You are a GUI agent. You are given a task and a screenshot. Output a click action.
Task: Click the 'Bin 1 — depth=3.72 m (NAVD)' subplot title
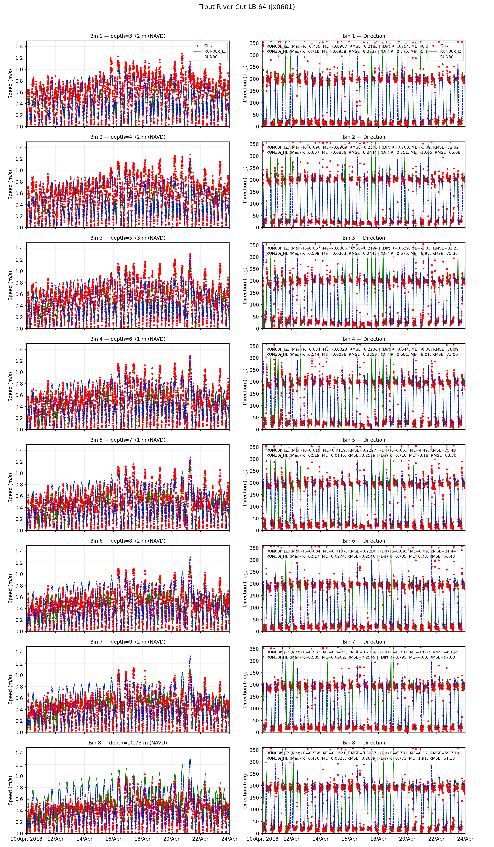(x=128, y=36)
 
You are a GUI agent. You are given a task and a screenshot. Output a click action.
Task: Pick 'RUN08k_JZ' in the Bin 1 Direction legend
(x=450, y=51)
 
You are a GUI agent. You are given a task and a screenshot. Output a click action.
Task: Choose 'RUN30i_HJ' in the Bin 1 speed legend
(x=214, y=57)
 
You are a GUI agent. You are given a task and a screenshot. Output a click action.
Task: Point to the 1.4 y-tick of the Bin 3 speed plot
(x=19, y=248)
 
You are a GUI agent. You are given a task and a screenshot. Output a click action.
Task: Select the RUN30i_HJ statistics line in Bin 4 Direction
(x=362, y=354)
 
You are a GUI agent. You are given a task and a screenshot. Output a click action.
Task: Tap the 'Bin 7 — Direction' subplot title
(x=364, y=642)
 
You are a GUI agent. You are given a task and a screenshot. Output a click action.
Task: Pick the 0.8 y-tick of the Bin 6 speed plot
(x=19, y=585)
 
